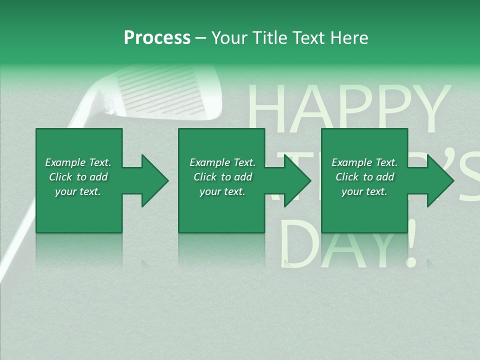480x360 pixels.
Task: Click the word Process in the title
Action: (x=157, y=38)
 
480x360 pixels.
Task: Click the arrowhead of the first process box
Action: (x=155, y=180)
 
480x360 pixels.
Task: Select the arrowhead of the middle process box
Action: (x=297, y=180)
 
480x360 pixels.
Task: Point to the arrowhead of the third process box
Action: (x=440, y=180)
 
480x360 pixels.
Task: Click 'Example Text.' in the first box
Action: (x=78, y=162)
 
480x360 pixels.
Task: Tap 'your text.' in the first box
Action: (x=78, y=191)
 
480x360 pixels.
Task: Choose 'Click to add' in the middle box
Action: (x=222, y=177)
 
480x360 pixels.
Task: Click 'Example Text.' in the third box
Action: (x=364, y=162)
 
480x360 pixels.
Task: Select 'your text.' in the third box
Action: (x=364, y=191)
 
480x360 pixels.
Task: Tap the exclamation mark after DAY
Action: (x=411, y=245)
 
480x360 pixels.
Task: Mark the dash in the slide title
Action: (x=200, y=38)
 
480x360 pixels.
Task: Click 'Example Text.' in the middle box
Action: (x=222, y=162)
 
